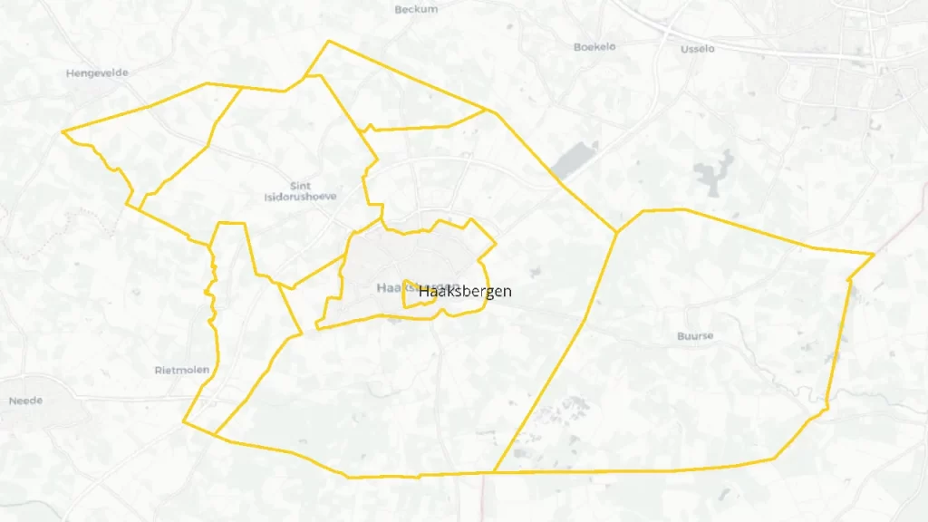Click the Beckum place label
coord(417,9)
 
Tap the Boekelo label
coord(595,46)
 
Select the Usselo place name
coord(698,49)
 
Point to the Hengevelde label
coord(97,73)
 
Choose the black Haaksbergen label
coord(465,291)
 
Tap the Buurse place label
coord(695,336)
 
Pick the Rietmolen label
coord(182,370)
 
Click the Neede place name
coord(25,401)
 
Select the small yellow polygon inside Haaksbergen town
coord(418,296)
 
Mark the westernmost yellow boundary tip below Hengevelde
coord(63,131)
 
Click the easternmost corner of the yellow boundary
coord(874,255)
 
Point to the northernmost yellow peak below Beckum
coord(329,41)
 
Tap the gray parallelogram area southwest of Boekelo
coord(568,160)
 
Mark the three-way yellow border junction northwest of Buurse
coord(617,233)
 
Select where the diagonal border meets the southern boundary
coord(494,472)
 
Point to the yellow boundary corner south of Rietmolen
coord(184,421)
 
